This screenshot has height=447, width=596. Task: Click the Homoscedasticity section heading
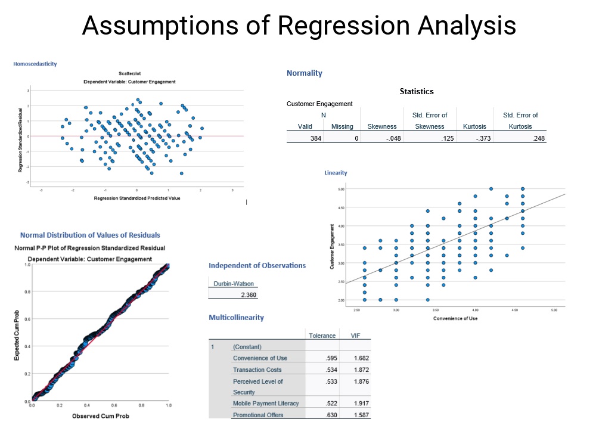[35, 64]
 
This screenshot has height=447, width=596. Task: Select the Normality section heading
[304, 73]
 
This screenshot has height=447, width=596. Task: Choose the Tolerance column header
[322, 336]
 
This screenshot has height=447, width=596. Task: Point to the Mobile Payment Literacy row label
[266, 403]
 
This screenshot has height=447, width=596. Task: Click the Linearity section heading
[336, 173]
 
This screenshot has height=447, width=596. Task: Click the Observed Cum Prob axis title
[100, 415]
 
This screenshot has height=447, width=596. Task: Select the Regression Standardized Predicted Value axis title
[136, 198]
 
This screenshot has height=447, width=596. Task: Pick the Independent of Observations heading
[257, 266]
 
